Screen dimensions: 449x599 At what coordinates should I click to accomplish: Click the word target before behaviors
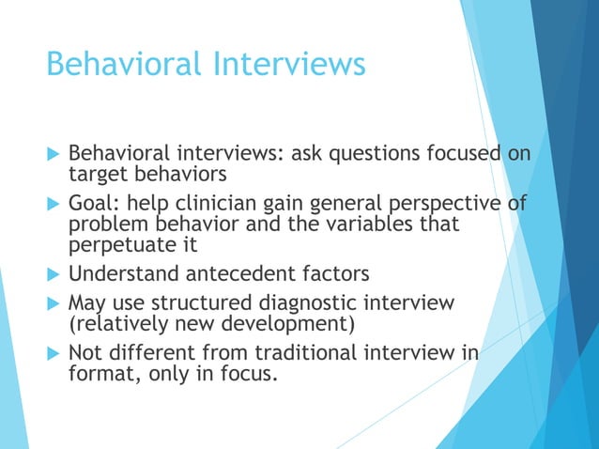[x=99, y=174]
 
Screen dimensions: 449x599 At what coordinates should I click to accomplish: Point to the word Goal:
[x=97, y=204]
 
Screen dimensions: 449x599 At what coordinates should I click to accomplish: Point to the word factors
[x=335, y=275]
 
